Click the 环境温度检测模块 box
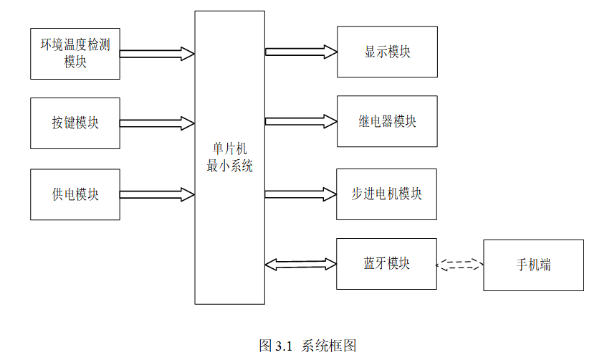tap(75, 53)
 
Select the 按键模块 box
tap(75, 123)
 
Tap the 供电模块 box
tap(75, 194)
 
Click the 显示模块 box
tap(387, 52)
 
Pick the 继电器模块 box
tap(387, 121)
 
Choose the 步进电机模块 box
tap(387, 194)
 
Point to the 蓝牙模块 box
tap(387, 264)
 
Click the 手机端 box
tap(533, 265)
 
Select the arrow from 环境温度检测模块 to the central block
tap(157, 53)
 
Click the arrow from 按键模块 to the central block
tap(157, 123)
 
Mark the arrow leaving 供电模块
tap(157, 194)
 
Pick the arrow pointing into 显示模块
tap(301, 52)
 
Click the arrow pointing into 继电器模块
tap(301, 121)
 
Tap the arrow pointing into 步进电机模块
tap(301, 194)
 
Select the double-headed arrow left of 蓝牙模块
tap(301, 265)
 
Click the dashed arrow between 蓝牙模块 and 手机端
tap(460, 265)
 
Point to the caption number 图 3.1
tap(277, 346)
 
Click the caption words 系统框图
tap(329, 346)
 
